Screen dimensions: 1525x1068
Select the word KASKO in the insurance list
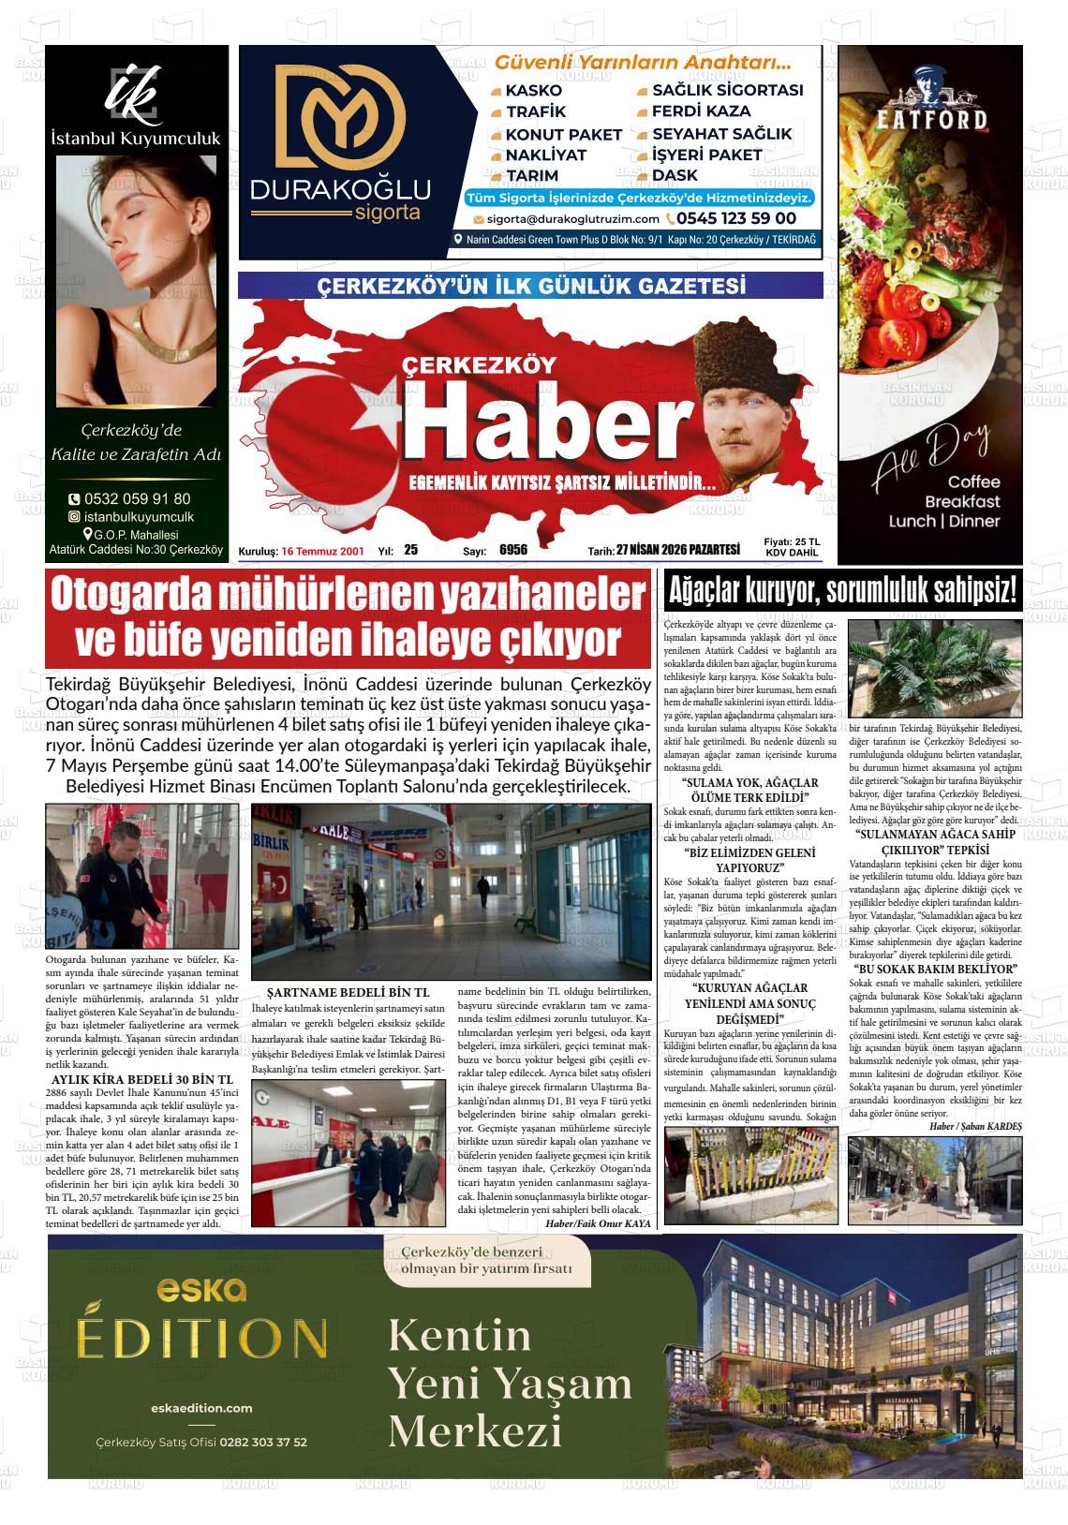pos(533,91)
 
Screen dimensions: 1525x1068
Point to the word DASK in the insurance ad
pos(675,175)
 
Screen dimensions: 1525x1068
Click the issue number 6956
pos(513,551)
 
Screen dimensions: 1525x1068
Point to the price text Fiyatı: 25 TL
pos(792,541)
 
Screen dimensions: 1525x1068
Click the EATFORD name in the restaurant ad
pos(930,119)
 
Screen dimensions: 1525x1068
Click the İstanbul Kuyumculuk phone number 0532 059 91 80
pos(137,499)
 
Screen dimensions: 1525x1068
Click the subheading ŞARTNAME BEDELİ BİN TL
pos(348,992)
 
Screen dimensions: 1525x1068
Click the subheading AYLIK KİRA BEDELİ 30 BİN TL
pos(140,1079)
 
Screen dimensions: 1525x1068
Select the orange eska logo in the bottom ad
pos(201,1291)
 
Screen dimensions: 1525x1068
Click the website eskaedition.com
pos(201,1408)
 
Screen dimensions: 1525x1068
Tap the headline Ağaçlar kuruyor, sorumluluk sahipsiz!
pos(841,590)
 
